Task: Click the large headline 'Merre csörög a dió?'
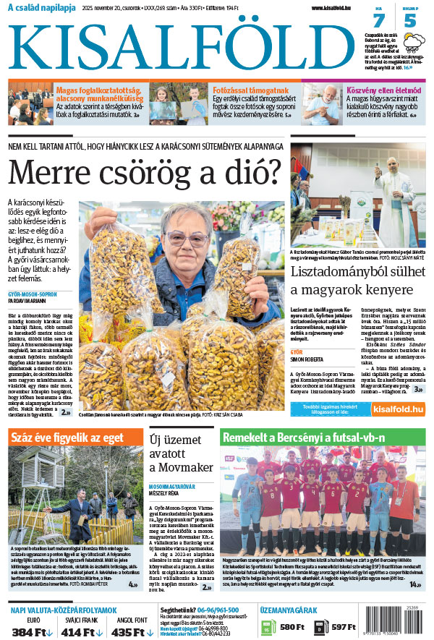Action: [x=144, y=174]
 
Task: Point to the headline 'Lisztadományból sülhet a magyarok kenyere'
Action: [x=356, y=281]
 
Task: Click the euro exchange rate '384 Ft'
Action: [x=29, y=630]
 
